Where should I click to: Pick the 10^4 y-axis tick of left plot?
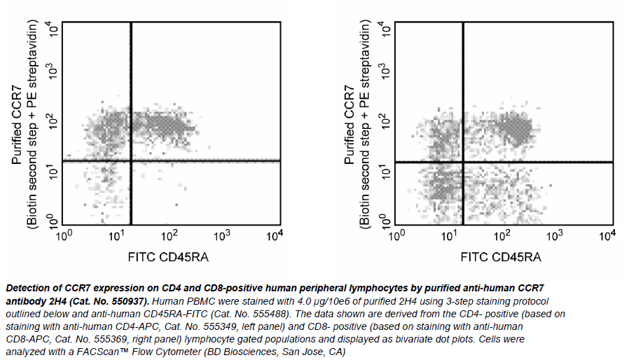tap(53, 28)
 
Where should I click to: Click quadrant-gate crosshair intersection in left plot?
tap(131, 160)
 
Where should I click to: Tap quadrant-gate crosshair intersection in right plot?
tap(463, 162)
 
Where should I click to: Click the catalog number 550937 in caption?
tap(125, 299)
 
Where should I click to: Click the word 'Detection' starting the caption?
tap(29, 288)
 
